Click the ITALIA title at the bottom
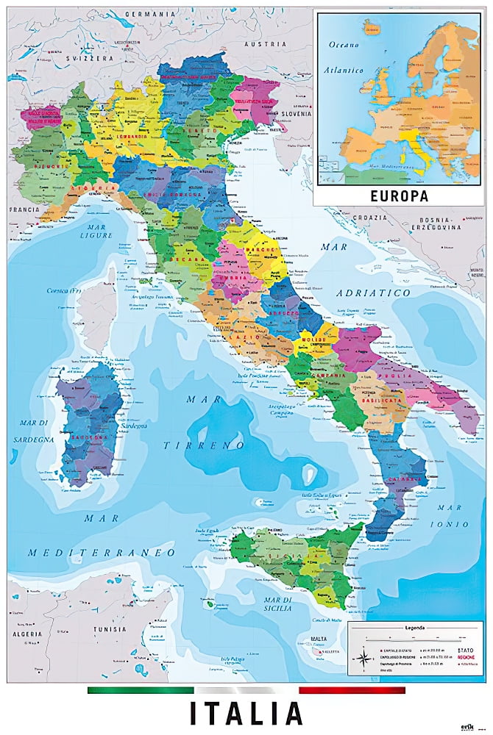[246, 714]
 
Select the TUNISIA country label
[109, 629]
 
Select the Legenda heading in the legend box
[415, 628]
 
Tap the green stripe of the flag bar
[140, 690]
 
